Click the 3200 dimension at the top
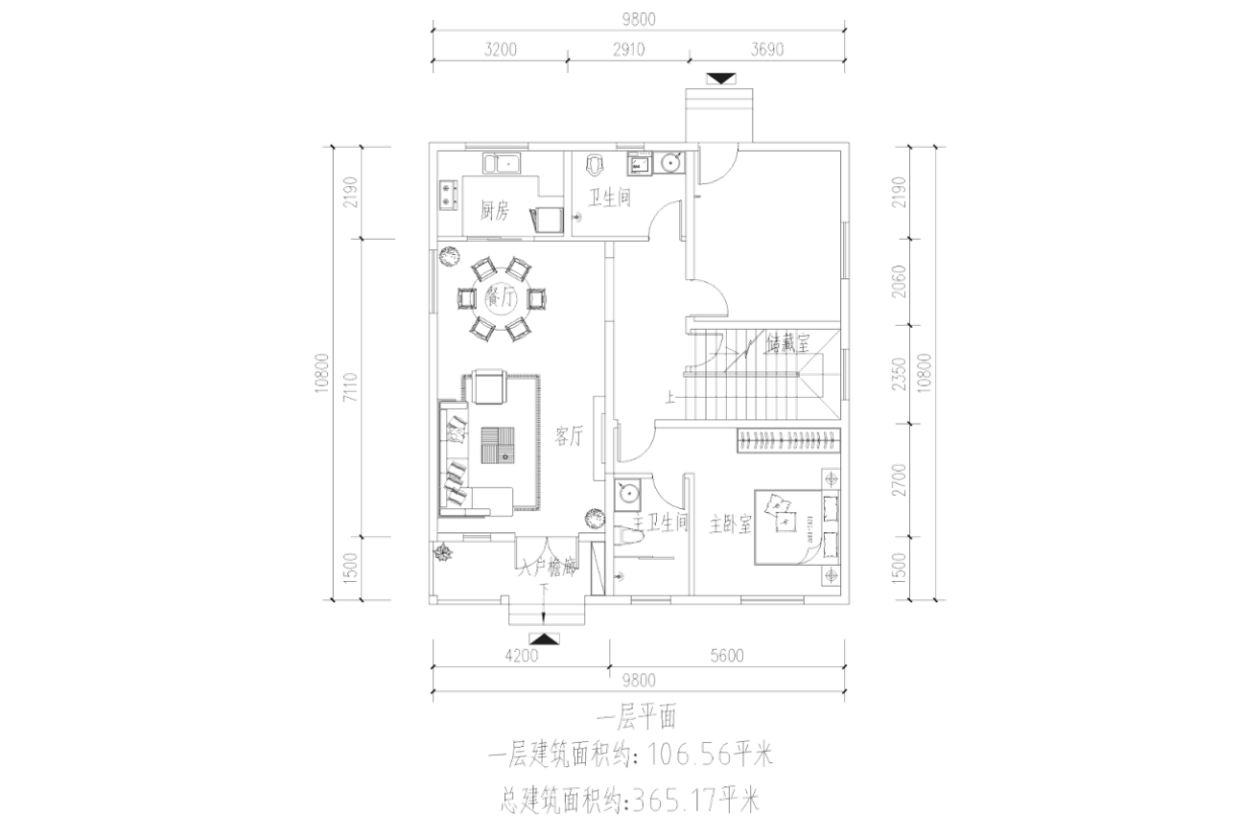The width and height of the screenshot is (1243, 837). pos(499,50)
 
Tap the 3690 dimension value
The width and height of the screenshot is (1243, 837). pos(764,50)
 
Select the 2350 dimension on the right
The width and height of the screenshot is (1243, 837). pos(899,376)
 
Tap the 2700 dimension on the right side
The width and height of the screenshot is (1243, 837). pos(899,477)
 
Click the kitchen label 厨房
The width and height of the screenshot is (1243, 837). pos(494,211)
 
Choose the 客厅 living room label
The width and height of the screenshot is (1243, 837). pos(569,436)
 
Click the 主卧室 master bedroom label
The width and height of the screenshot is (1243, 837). pos(730,524)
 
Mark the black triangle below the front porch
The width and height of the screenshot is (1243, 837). pos(543,638)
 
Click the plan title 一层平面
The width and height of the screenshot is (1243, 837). pos(636,720)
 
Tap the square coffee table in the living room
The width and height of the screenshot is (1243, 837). pos(498,445)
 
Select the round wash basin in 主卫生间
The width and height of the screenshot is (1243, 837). pos(628,493)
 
